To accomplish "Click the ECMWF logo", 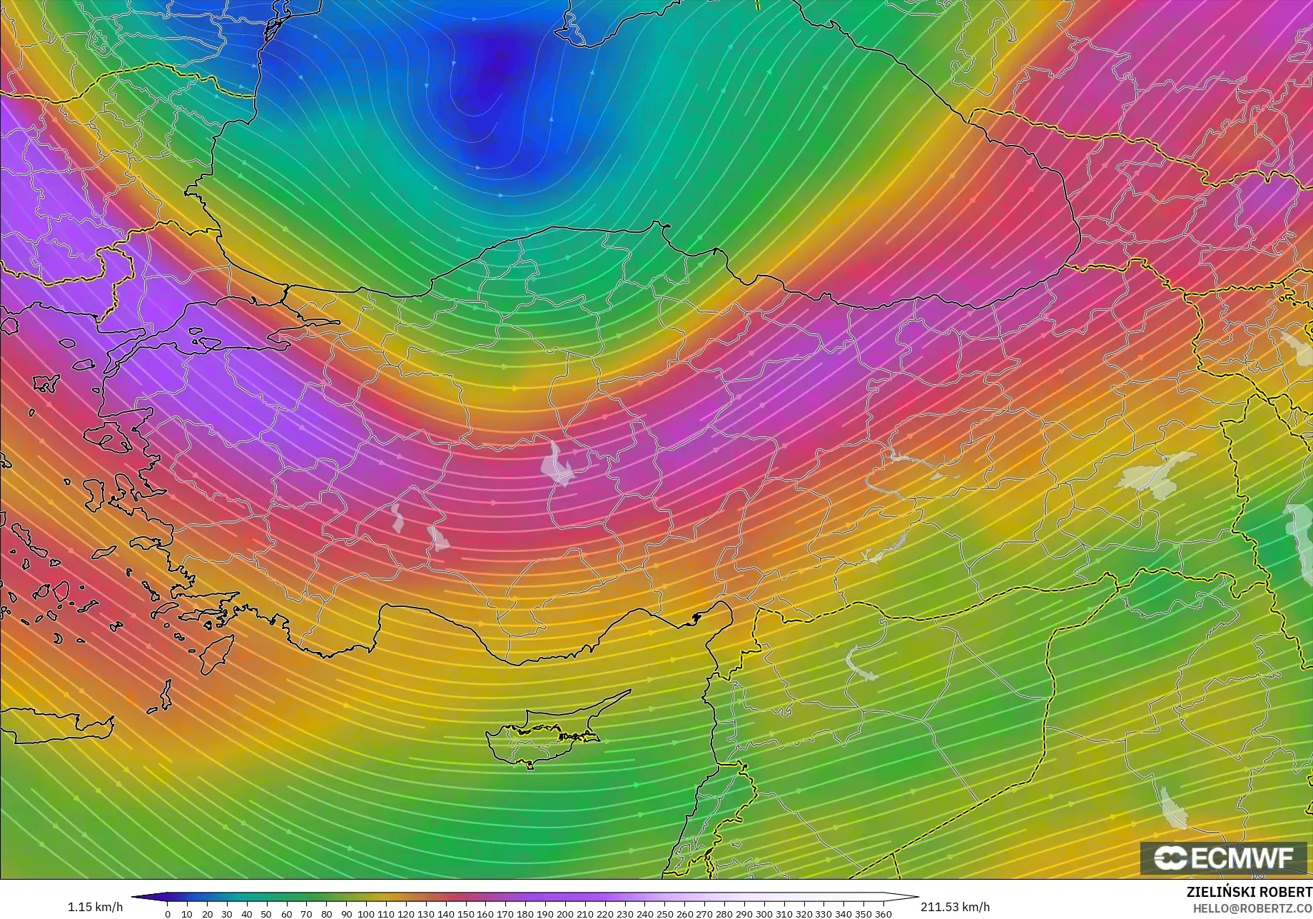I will click(x=1224, y=858).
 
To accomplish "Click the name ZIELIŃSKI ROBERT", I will click(x=1249, y=893).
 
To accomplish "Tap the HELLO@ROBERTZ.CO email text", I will click(x=1252, y=908).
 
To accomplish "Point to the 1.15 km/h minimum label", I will click(x=95, y=907).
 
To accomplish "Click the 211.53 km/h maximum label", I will click(x=955, y=907).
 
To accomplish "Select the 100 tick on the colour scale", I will click(x=366, y=914).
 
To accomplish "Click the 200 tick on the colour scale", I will click(x=565, y=914).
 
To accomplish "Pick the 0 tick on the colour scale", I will click(x=168, y=914).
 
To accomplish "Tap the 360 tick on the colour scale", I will click(x=883, y=914).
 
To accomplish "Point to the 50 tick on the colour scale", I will click(x=267, y=914).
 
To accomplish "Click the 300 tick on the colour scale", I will click(x=764, y=914).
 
